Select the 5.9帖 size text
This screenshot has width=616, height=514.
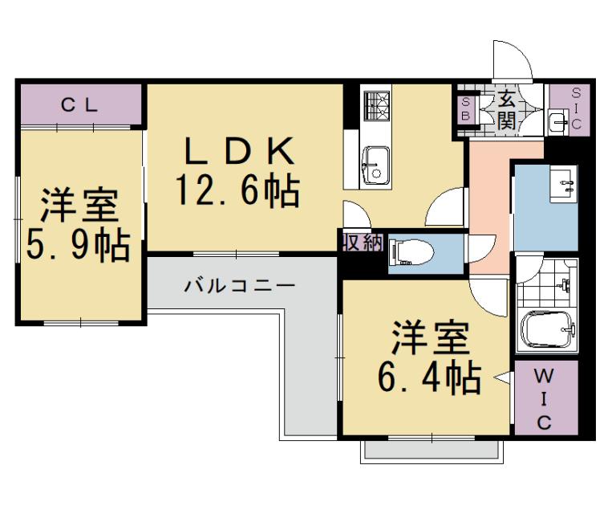(78, 245)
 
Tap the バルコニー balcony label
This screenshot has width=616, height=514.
(240, 285)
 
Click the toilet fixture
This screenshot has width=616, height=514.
(411, 253)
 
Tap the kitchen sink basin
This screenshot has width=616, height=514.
(375, 164)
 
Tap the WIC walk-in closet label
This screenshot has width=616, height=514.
(544, 398)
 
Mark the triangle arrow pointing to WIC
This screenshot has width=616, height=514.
(503, 377)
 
